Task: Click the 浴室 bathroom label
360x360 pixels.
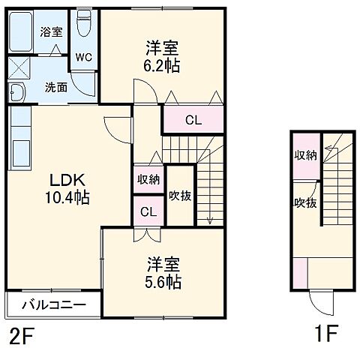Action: click(52, 32)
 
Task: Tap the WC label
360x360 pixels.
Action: click(84, 55)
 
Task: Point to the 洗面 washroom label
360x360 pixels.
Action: click(55, 86)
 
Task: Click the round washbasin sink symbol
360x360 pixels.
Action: click(17, 93)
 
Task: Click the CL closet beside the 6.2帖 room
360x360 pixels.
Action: click(193, 118)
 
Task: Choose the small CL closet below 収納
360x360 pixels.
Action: click(148, 212)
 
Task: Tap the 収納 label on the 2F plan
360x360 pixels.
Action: click(148, 178)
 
